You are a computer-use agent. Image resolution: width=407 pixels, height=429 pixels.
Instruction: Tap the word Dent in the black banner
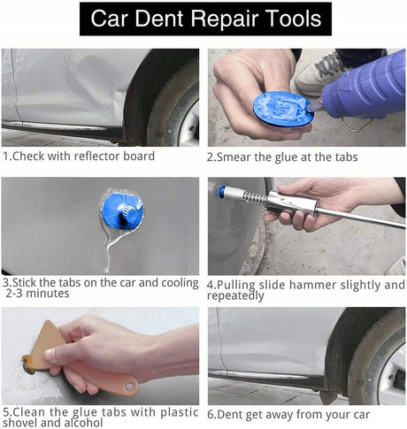(159, 19)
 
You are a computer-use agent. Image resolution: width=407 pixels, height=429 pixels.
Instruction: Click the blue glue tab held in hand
(282, 108)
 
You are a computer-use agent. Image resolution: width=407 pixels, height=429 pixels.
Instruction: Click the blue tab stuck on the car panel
(122, 211)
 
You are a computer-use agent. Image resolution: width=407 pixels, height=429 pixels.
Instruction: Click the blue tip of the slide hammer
(222, 191)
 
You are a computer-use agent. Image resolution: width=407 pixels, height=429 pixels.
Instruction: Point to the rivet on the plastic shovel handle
(129, 387)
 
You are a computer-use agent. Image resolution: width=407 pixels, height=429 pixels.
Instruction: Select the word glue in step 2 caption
(286, 157)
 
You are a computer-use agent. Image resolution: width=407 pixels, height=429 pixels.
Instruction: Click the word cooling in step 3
(180, 283)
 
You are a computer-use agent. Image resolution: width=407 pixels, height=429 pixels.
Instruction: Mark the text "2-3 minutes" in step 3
(37, 294)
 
